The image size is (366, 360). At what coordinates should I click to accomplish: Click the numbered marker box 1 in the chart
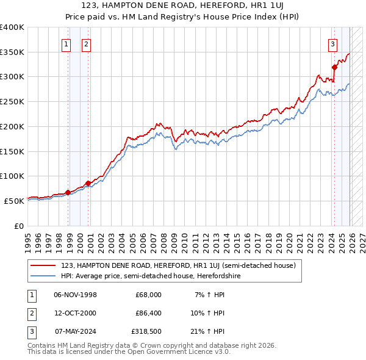click(x=66, y=44)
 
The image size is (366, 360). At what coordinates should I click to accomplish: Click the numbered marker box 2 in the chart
click(x=86, y=44)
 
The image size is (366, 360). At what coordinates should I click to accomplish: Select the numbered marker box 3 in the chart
click(x=332, y=44)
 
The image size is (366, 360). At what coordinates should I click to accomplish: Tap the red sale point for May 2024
click(x=334, y=67)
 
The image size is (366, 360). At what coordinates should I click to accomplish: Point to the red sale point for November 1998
click(x=68, y=192)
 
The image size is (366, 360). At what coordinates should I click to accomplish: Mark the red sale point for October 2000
click(x=88, y=183)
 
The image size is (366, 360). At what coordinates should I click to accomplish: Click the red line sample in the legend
click(x=43, y=265)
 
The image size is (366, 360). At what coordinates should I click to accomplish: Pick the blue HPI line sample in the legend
click(x=43, y=276)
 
